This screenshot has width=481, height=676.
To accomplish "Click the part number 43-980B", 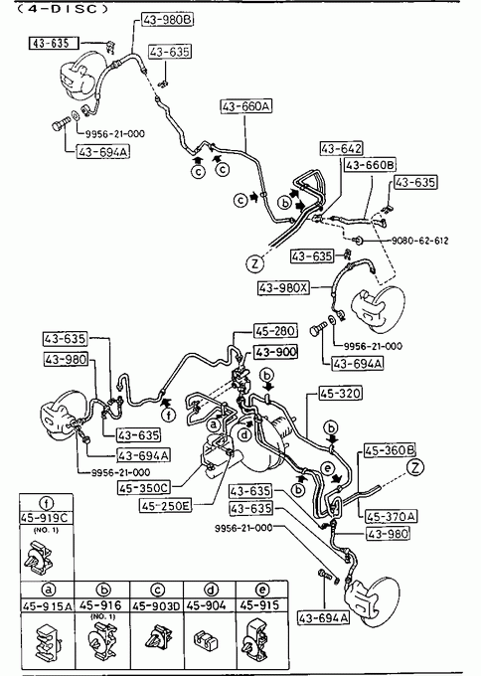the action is (x=167, y=20).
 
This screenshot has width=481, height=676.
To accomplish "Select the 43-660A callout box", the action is (x=246, y=106).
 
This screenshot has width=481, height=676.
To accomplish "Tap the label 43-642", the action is (x=341, y=148).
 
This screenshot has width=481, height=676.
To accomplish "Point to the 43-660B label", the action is (x=371, y=165).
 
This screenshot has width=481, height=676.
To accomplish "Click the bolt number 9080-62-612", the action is (x=419, y=241).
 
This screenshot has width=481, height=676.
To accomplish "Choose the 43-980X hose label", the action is (x=283, y=287).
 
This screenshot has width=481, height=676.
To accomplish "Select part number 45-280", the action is (x=275, y=331).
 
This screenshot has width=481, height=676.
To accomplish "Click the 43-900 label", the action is (x=275, y=352).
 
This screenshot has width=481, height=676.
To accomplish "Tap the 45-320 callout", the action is (x=340, y=394).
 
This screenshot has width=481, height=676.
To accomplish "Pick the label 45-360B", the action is (x=390, y=450).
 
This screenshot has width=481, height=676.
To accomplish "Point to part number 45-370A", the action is (x=392, y=516).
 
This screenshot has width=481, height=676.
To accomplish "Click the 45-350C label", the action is (x=144, y=487).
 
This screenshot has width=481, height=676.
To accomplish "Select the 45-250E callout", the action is (x=166, y=505).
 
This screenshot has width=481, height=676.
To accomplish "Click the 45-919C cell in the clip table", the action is (x=46, y=518).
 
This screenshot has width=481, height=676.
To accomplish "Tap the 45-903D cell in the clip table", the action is (x=156, y=605).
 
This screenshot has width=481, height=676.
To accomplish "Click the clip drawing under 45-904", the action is (x=206, y=640).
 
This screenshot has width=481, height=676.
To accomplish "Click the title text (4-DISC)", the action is (x=63, y=8).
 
